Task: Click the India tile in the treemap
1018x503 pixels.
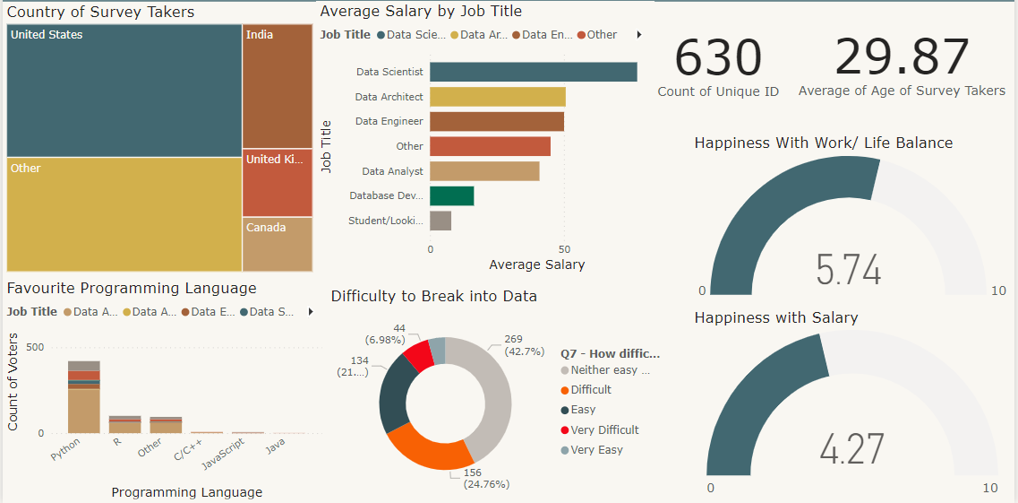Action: tap(278, 86)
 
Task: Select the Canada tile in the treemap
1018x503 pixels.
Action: tap(278, 244)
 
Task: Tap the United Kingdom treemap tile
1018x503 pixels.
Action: tap(278, 183)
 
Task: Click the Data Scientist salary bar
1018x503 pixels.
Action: tap(533, 72)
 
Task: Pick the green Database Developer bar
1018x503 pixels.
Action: tap(451, 195)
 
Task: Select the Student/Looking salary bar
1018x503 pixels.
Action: tap(440, 221)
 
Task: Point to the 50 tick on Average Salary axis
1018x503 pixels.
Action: tap(563, 249)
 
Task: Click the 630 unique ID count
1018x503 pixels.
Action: tap(717, 57)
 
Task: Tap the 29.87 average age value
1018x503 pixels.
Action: tap(901, 57)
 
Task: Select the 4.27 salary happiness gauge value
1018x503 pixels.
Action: tap(851, 449)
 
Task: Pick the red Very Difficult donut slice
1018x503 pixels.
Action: tap(417, 355)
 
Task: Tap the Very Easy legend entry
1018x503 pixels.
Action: tap(595, 450)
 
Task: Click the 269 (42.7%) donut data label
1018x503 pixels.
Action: tap(525, 345)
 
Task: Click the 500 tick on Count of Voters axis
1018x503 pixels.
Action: tap(35, 347)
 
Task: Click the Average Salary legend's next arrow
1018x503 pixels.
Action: tap(638, 35)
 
